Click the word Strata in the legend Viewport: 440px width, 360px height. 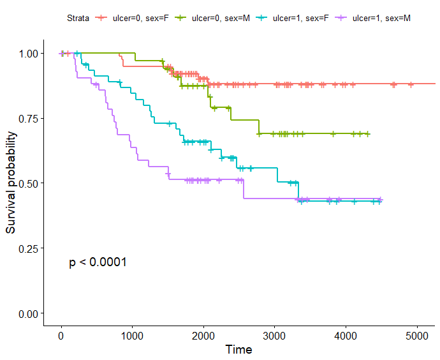point(78,18)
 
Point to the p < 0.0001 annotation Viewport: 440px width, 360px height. point(98,262)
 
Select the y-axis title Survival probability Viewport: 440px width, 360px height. point(11,183)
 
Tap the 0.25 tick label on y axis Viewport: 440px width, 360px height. point(27,248)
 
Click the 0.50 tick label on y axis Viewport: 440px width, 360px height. point(27,183)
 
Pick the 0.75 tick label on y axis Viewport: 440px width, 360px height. point(27,118)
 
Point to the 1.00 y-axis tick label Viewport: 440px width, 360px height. point(27,53)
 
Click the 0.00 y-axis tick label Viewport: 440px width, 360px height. point(27,313)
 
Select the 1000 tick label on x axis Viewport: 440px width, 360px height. point(132,336)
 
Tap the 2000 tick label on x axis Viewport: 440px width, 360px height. point(203,336)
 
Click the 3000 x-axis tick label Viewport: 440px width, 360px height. point(274,336)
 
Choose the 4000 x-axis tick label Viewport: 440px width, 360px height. point(346,336)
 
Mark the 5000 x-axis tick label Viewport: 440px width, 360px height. point(416,336)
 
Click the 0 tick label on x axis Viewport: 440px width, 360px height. point(61,336)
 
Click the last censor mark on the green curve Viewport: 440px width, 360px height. point(368,134)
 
